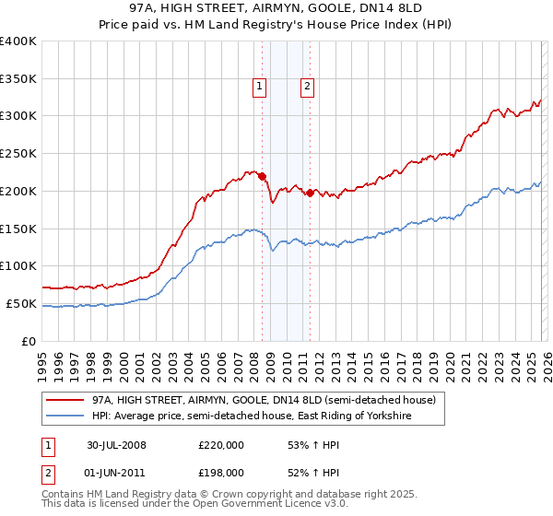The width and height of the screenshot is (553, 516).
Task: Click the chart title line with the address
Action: (x=276, y=8)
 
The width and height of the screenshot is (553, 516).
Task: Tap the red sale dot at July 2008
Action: (x=263, y=175)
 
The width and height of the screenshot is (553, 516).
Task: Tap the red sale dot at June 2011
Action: (x=310, y=192)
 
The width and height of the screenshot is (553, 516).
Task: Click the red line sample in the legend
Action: (x=65, y=400)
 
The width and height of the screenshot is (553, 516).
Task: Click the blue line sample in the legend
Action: (x=65, y=416)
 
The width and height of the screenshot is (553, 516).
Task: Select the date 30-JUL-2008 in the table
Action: (x=116, y=445)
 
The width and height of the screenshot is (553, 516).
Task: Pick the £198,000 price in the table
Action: (x=220, y=472)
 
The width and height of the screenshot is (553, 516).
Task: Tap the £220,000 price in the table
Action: (x=220, y=445)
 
